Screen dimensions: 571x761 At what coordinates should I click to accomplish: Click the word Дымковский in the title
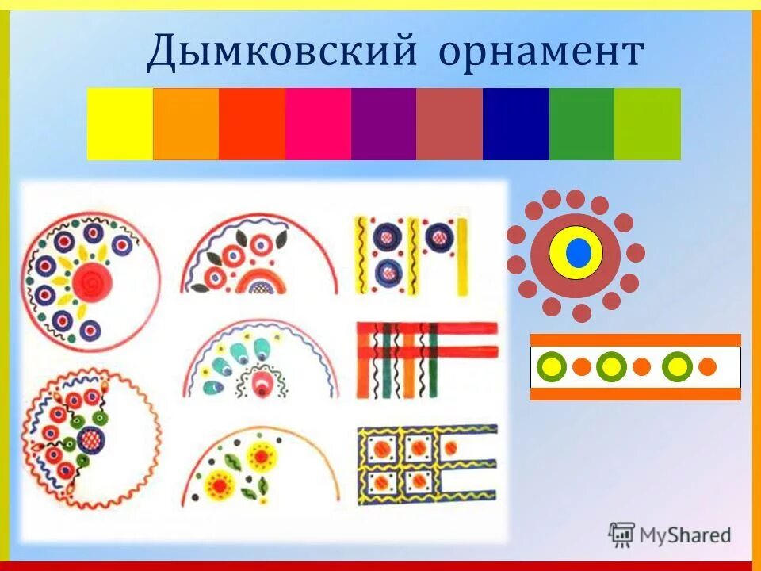point(282,52)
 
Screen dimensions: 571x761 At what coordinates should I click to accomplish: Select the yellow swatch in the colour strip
point(119,124)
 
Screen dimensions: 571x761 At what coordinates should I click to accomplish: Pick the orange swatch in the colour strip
point(185,124)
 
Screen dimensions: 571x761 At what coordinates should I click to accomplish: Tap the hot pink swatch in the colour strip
point(318,124)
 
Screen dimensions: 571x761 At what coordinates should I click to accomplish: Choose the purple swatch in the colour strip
point(384,124)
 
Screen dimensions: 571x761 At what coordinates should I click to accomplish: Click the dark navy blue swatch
point(515,124)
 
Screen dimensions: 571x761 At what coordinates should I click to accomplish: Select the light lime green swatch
point(647,124)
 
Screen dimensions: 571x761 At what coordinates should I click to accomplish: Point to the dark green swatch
point(581,124)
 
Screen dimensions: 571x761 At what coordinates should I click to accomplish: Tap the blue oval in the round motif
point(577,253)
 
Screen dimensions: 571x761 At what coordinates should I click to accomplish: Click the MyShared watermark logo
point(670,535)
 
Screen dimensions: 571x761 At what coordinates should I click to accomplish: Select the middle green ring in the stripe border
point(610,366)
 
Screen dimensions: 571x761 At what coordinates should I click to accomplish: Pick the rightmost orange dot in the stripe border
point(707,366)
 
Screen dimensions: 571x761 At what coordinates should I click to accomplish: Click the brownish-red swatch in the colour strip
point(449,124)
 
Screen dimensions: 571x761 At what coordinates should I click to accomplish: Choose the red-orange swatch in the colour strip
point(251,124)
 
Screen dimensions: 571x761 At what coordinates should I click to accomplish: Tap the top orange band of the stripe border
point(635,340)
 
